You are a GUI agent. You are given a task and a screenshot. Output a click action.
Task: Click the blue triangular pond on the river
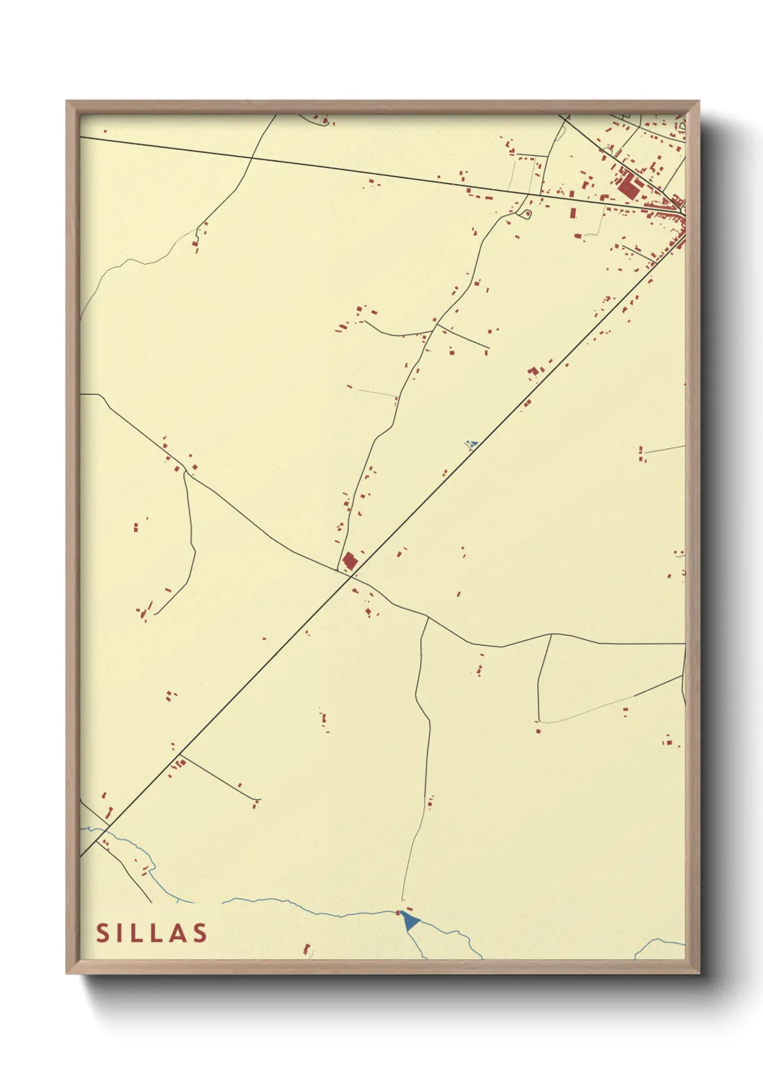point(410,920)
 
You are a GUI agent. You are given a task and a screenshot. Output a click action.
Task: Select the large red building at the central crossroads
point(350,561)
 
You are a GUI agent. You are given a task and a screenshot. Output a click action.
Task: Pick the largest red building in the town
point(627,186)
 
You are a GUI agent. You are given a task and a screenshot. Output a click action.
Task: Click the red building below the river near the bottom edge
point(306,948)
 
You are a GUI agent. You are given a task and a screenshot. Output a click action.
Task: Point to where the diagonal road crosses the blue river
point(100,836)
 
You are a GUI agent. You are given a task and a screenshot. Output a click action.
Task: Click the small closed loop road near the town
point(526,214)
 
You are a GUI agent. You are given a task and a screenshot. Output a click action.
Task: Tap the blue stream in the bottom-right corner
point(660,944)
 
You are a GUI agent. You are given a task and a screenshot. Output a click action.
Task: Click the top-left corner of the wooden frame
point(67,102)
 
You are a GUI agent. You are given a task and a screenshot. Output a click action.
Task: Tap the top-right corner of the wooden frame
point(699,102)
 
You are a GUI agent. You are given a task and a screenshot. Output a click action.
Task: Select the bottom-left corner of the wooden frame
point(67,973)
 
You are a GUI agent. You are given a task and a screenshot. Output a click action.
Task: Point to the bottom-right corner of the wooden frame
point(699,973)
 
